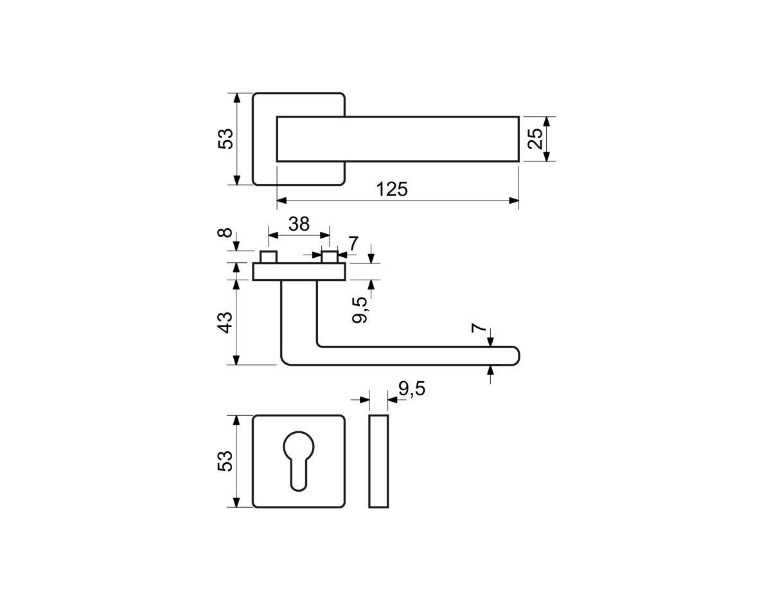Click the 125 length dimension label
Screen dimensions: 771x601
coord(392,189)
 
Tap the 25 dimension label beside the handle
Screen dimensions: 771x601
coord(535,138)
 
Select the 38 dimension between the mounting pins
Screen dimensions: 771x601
coord(299,224)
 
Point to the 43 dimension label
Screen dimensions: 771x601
coord(225,322)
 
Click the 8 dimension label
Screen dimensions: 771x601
coord(225,233)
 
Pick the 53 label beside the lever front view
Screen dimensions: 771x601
coord(226,138)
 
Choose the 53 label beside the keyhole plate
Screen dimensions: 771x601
coord(225,461)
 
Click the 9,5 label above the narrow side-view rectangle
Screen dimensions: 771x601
coord(412,388)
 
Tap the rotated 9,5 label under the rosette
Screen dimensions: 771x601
coord(359,310)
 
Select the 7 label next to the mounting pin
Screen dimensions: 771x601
coord(353,244)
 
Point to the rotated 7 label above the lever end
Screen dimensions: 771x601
coord(479,328)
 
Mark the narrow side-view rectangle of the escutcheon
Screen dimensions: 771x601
coord(378,461)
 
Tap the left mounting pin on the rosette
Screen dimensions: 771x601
coord(268,256)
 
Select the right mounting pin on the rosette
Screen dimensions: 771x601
coord(330,256)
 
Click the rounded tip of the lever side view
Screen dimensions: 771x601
coord(517,355)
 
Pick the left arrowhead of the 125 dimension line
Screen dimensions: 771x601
coord(281,201)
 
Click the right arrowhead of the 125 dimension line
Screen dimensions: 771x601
coord(514,201)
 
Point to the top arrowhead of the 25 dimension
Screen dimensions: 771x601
coord(547,121)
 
